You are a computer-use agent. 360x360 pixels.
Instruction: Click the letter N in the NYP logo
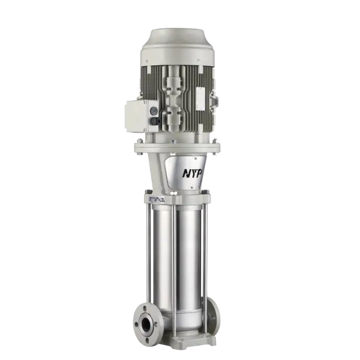pos(185,173)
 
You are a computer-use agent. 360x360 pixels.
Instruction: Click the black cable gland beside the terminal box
pos(153,121)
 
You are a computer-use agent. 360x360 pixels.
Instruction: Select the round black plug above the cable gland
pos(153,110)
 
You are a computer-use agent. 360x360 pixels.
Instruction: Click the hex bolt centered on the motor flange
pos(174,140)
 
